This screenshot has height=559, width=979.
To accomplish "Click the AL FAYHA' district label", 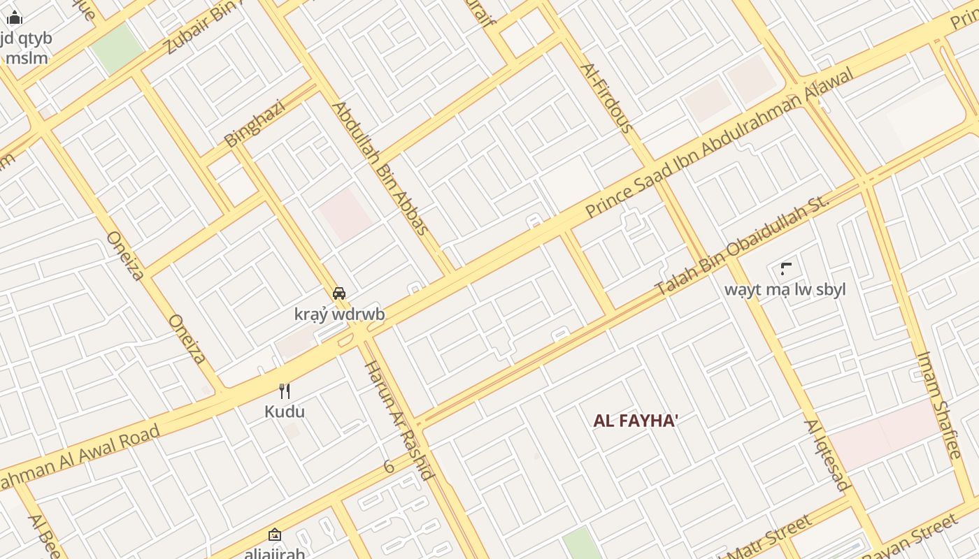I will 636,421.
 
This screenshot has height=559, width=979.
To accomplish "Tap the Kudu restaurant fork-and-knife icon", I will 285,391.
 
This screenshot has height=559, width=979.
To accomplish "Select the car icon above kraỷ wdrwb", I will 339,293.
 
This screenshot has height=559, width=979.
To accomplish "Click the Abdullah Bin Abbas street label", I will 380,168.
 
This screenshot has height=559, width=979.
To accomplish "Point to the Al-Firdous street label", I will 606,98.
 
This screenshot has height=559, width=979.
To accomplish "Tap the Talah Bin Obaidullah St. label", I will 742,244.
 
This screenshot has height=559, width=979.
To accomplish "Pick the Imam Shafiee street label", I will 939,405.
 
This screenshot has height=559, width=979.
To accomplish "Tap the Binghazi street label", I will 255,124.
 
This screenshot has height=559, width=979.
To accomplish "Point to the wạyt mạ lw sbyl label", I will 785,289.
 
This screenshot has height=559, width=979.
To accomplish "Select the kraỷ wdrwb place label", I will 339,314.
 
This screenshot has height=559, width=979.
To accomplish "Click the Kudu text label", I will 285,412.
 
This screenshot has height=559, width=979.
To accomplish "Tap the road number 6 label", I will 389,466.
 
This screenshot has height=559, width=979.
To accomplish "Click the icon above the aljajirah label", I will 275,535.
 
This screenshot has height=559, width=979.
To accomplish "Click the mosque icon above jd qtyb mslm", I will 15,18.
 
